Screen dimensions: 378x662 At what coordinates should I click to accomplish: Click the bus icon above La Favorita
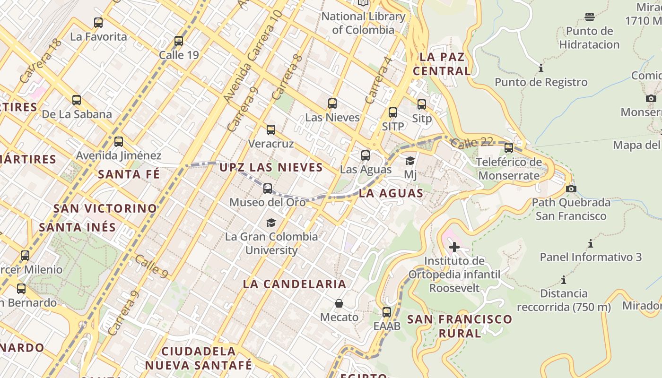[x=98, y=22]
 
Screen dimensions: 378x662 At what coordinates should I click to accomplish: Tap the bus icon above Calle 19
[x=178, y=41]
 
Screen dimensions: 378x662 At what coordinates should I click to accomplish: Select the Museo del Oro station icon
[x=268, y=189]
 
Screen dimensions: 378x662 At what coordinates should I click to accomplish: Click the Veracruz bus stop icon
[x=271, y=130]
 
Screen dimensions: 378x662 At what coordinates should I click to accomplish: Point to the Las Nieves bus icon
[x=332, y=103]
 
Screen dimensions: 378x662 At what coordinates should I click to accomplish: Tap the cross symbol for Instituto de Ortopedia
[x=454, y=247]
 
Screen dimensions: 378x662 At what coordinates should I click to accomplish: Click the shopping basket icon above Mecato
[x=339, y=303]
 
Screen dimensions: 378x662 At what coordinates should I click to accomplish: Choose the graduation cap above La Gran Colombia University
[x=271, y=223]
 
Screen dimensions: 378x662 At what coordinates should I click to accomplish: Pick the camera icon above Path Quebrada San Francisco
[x=571, y=189]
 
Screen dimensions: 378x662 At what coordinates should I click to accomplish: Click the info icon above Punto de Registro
[x=541, y=69]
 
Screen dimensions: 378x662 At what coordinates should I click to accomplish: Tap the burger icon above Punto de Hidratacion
[x=589, y=17]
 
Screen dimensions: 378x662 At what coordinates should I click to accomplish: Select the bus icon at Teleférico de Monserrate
[x=509, y=148]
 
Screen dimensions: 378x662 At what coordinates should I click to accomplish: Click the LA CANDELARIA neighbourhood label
[x=295, y=284]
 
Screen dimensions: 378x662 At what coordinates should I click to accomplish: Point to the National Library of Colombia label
[x=363, y=23]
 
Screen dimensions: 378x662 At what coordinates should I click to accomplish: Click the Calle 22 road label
[x=471, y=142]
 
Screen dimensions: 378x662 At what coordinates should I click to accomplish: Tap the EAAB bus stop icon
[x=387, y=312]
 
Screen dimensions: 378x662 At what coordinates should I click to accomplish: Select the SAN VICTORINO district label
[x=105, y=208]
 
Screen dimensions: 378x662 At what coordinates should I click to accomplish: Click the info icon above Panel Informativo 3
[x=591, y=244]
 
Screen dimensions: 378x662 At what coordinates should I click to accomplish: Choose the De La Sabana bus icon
[x=77, y=100]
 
